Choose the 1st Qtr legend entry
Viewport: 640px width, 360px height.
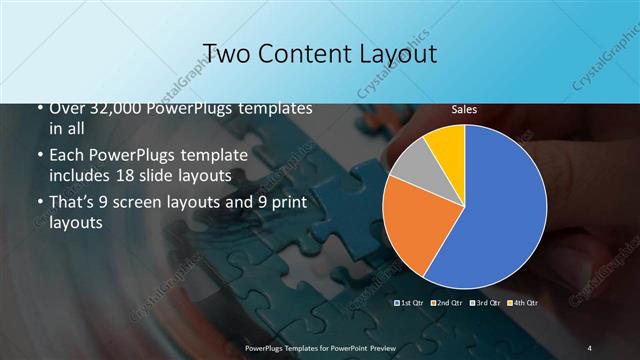[x=410, y=301]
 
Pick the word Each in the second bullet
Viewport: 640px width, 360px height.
[x=66, y=155]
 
